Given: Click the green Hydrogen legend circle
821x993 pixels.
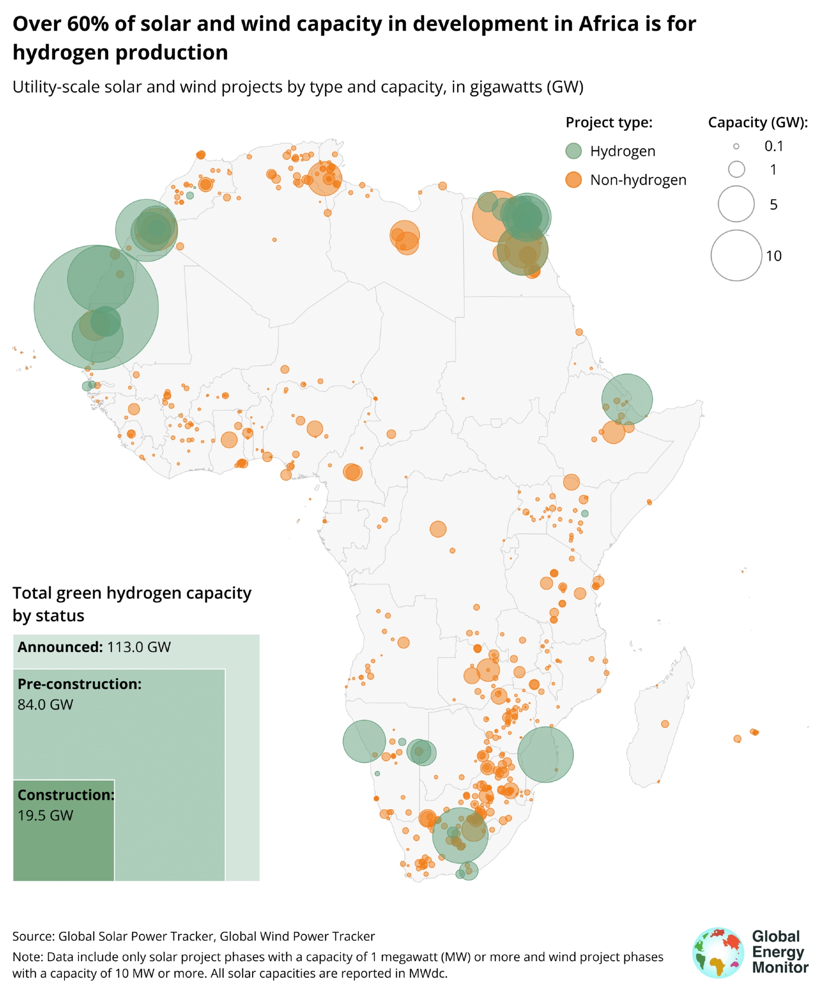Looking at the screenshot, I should point(573,151).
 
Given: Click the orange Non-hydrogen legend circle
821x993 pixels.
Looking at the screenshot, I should point(573,180).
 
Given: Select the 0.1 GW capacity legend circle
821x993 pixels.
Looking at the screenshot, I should point(736,146).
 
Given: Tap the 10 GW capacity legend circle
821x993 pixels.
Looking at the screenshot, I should point(736,255).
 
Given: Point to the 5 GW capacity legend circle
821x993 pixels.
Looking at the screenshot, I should point(736,204).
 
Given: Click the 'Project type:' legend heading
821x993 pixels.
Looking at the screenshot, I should point(609,123).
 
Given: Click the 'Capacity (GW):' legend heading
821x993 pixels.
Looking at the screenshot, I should point(757,123).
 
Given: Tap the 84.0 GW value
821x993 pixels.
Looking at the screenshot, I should point(45,705).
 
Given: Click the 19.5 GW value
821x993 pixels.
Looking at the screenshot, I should point(45,815).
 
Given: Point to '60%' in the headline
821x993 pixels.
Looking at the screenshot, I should point(87,24).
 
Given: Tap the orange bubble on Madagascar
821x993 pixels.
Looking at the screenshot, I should point(665,724).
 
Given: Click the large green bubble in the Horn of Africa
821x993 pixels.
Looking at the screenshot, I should point(627,399).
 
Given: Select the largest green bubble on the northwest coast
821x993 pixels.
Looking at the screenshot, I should point(96,307).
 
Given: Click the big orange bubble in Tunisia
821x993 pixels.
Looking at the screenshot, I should point(325,179).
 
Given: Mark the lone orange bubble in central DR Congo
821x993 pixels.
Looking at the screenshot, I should point(438,529).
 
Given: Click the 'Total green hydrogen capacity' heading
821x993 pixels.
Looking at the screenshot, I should point(132,593).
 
